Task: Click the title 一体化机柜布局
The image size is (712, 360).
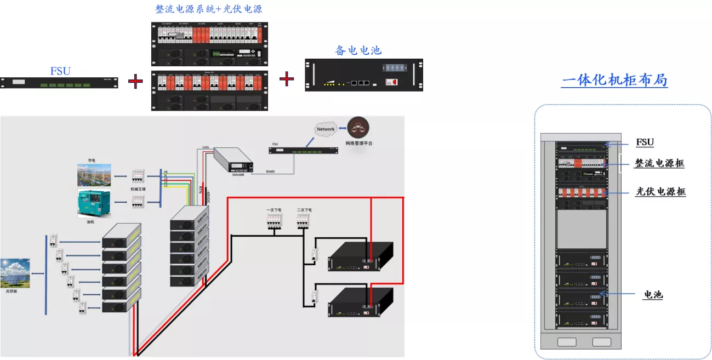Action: coord(614,80)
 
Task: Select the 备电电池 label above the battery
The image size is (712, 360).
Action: coord(358,50)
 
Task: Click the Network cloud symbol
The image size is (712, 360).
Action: coord(326,129)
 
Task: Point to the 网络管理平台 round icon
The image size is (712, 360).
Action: coord(358,128)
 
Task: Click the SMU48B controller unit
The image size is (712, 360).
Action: coord(233,162)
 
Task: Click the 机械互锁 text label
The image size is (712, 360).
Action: coord(138,188)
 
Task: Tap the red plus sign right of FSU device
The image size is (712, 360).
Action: coord(135,82)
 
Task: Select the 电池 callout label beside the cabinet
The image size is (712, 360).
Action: coord(653,295)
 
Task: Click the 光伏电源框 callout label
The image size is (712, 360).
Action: coord(660,192)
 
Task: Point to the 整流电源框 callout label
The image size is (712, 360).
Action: coord(659,163)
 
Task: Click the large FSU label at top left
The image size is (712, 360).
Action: coord(60,71)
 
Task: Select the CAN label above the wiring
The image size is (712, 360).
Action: coord(206,147)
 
